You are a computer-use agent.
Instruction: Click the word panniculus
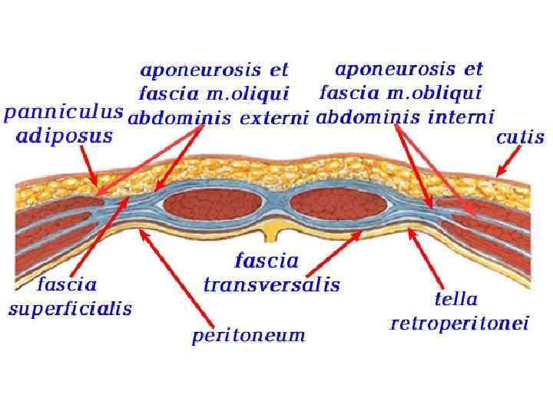[x=63, y=112]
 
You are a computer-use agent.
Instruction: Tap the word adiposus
[x=65, y=136]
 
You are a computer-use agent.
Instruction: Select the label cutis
[x=520, y=138]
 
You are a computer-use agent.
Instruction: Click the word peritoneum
[x=248, y=335]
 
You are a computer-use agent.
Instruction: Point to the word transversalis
[x=271, y=285]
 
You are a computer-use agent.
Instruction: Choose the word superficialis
[x=70, y=310]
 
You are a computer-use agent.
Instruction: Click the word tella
[x=456, y=299]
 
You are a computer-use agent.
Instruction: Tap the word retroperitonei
[x=459, y=324]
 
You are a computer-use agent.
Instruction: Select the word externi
[x=273, y=118]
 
